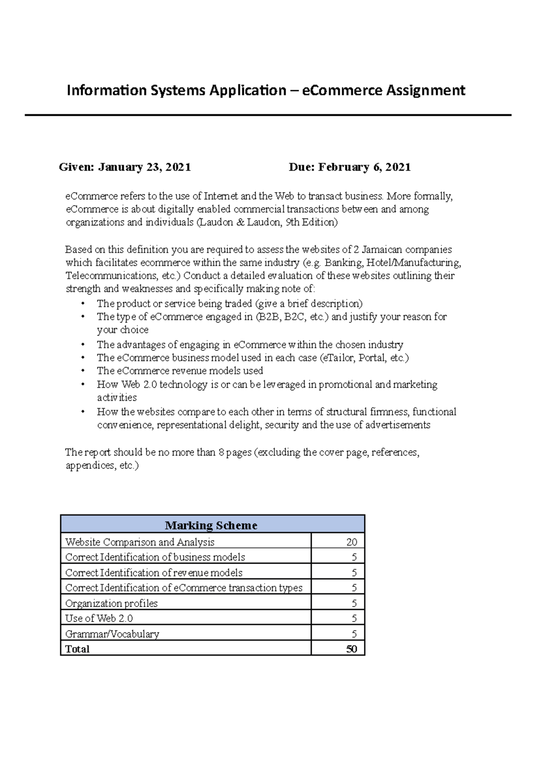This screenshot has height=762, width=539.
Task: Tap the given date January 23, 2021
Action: click(x=145, y=167)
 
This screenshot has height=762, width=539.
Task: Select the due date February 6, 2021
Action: click(x=364, y=167)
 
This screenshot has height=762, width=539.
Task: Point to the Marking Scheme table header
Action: click(x=211, y=525)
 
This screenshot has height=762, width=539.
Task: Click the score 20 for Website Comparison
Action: click(x=352, y=542)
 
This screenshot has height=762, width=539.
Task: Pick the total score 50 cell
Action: click(x=351, y=649)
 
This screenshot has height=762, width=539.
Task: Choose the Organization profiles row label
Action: click(x=111, y=603)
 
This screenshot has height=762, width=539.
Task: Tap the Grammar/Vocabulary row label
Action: click(x=112, y=634)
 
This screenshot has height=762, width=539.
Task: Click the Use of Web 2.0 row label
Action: click(x=99, y=618)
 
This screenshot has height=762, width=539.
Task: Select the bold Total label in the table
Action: click(x=77, y=649)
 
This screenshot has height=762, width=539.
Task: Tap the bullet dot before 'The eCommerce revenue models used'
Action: click(x=83, y=371)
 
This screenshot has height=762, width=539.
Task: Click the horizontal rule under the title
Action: click(x=268, y=115)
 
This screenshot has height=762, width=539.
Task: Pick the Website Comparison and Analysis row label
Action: click(x=140, y=542)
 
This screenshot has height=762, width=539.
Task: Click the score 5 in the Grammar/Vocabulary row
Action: click(x=354, y=634)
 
